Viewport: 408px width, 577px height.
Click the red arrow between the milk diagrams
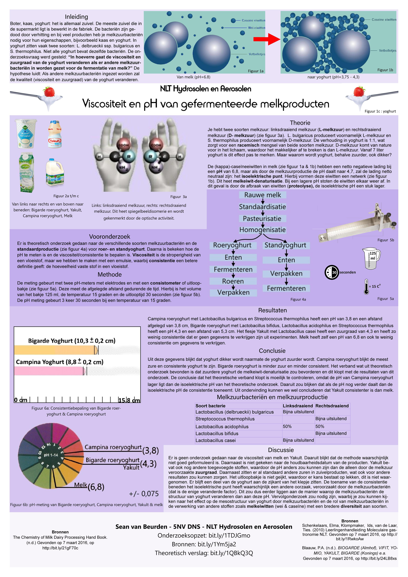[267, 39]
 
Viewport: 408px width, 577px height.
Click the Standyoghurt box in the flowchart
[285, 245]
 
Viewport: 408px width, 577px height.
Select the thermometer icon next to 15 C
[366, 287]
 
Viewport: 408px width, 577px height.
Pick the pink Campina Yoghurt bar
[49, 371]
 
